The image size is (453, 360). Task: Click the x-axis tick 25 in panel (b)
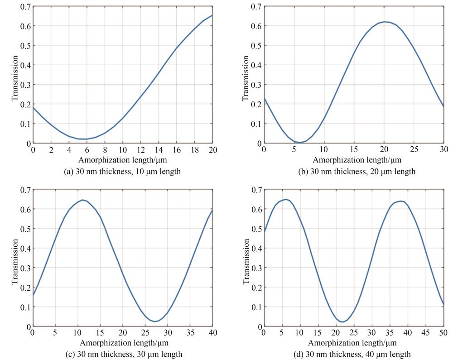point(414,150)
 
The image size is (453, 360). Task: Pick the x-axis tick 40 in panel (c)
point(212,333)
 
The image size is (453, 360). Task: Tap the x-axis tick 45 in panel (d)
point(426,333)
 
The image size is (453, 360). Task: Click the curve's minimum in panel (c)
point(154,322)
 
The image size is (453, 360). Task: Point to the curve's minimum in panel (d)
point(343,322)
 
